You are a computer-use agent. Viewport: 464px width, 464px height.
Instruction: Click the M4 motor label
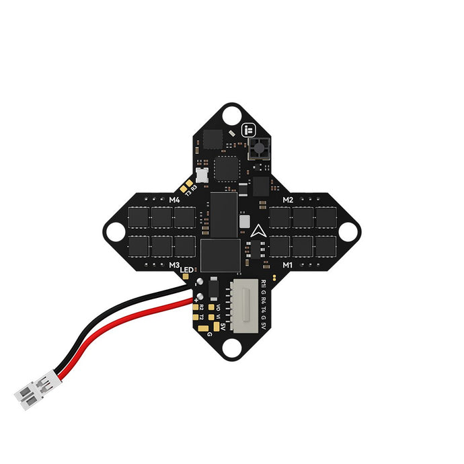click(174, 200)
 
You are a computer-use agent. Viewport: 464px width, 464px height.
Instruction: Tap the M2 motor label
click(288, 200)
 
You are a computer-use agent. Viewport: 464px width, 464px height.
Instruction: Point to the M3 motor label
click(174, 265)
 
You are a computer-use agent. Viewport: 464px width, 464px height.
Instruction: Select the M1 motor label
click(288, 265)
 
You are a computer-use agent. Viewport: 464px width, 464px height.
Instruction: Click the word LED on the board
click(186, 270)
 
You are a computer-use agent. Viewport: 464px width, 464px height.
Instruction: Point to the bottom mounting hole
click(232, 348)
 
